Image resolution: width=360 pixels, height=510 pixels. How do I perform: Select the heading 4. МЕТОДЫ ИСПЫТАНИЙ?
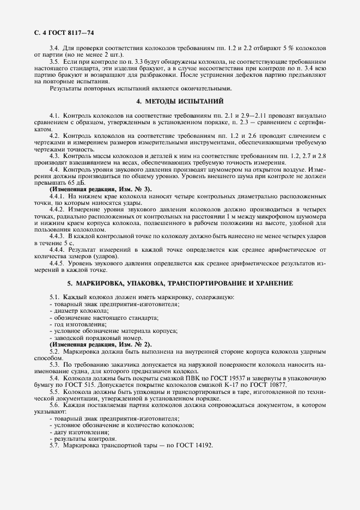coord(180,101)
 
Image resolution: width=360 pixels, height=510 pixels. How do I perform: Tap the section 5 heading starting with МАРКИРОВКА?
coord(180,283)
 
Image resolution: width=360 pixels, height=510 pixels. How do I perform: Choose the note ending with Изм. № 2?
coord(101,344)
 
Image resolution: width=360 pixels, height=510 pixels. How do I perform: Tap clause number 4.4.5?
coord(58,263)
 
